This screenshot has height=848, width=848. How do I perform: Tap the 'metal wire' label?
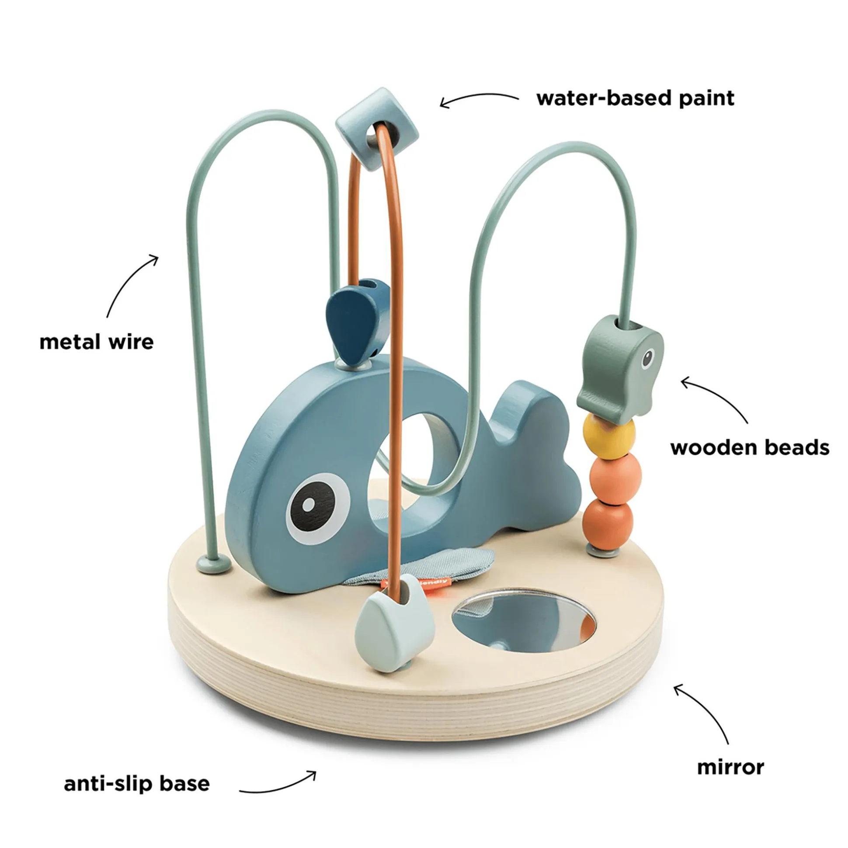coord(97,343)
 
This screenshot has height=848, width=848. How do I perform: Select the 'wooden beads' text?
coord(750,448)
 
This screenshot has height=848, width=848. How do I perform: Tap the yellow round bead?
coord(609,437)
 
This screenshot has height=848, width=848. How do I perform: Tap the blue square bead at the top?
coord(376,127)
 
